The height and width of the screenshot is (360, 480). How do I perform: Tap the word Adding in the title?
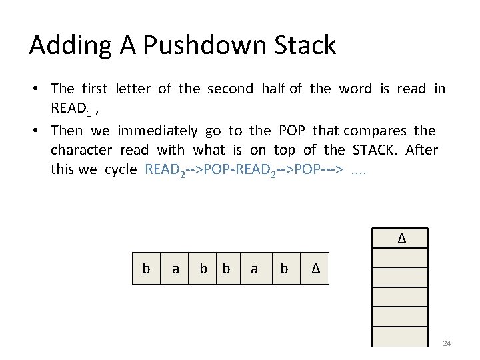(63, 45)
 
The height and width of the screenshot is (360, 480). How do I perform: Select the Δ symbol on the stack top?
(401, 238)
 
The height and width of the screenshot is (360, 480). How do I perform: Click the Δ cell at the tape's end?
(316, 268)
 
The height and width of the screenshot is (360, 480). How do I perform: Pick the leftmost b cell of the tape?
(146, 268)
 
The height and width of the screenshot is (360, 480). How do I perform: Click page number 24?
(447, 343)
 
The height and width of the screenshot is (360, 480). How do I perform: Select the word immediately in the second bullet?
(157, 131)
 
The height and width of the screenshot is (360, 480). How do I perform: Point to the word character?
(81, 150)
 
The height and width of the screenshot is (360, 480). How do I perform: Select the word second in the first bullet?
(230, 89)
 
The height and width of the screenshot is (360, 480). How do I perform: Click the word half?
(273, 89)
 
